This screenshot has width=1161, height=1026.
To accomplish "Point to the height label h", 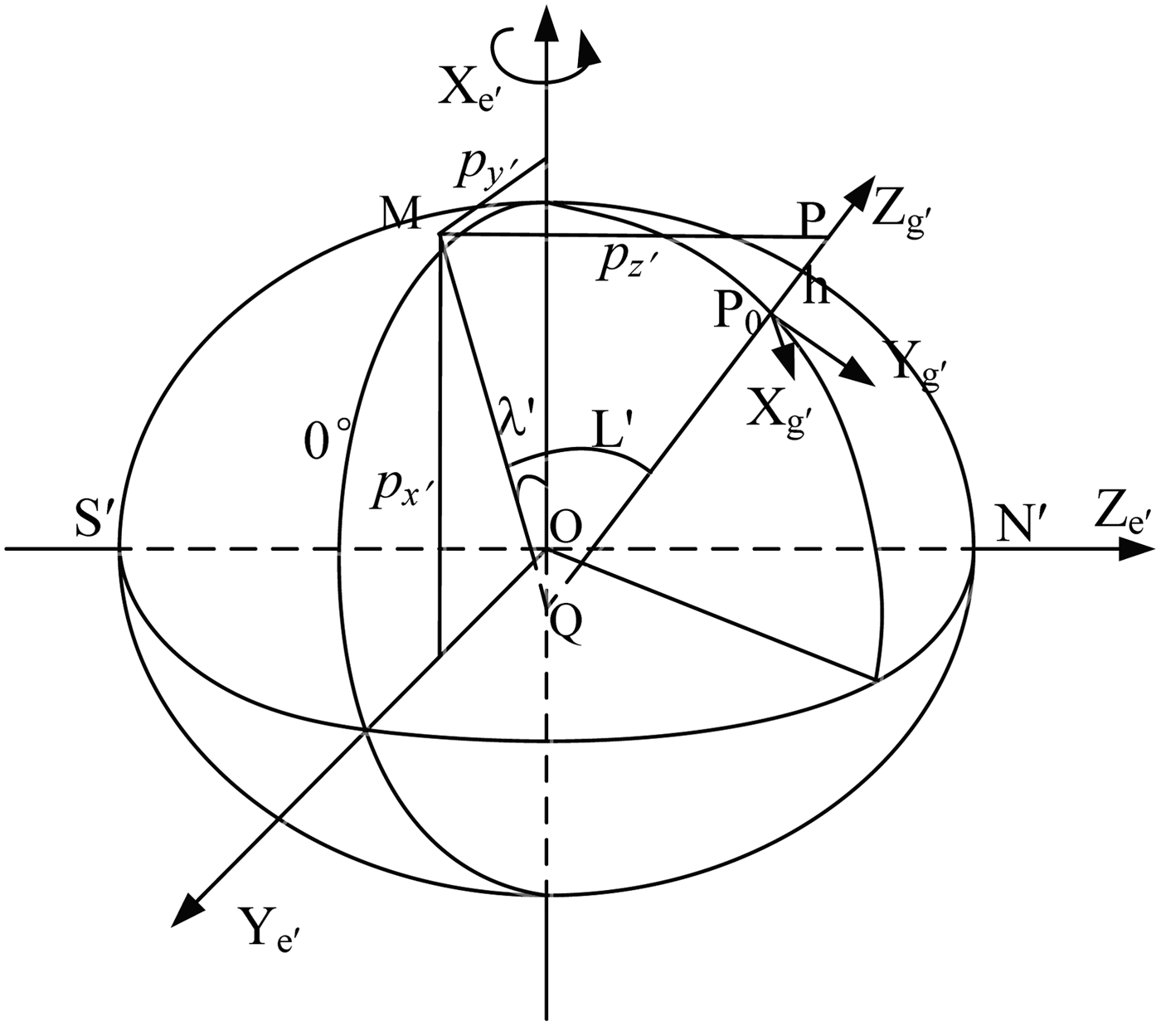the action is (817, 289).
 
